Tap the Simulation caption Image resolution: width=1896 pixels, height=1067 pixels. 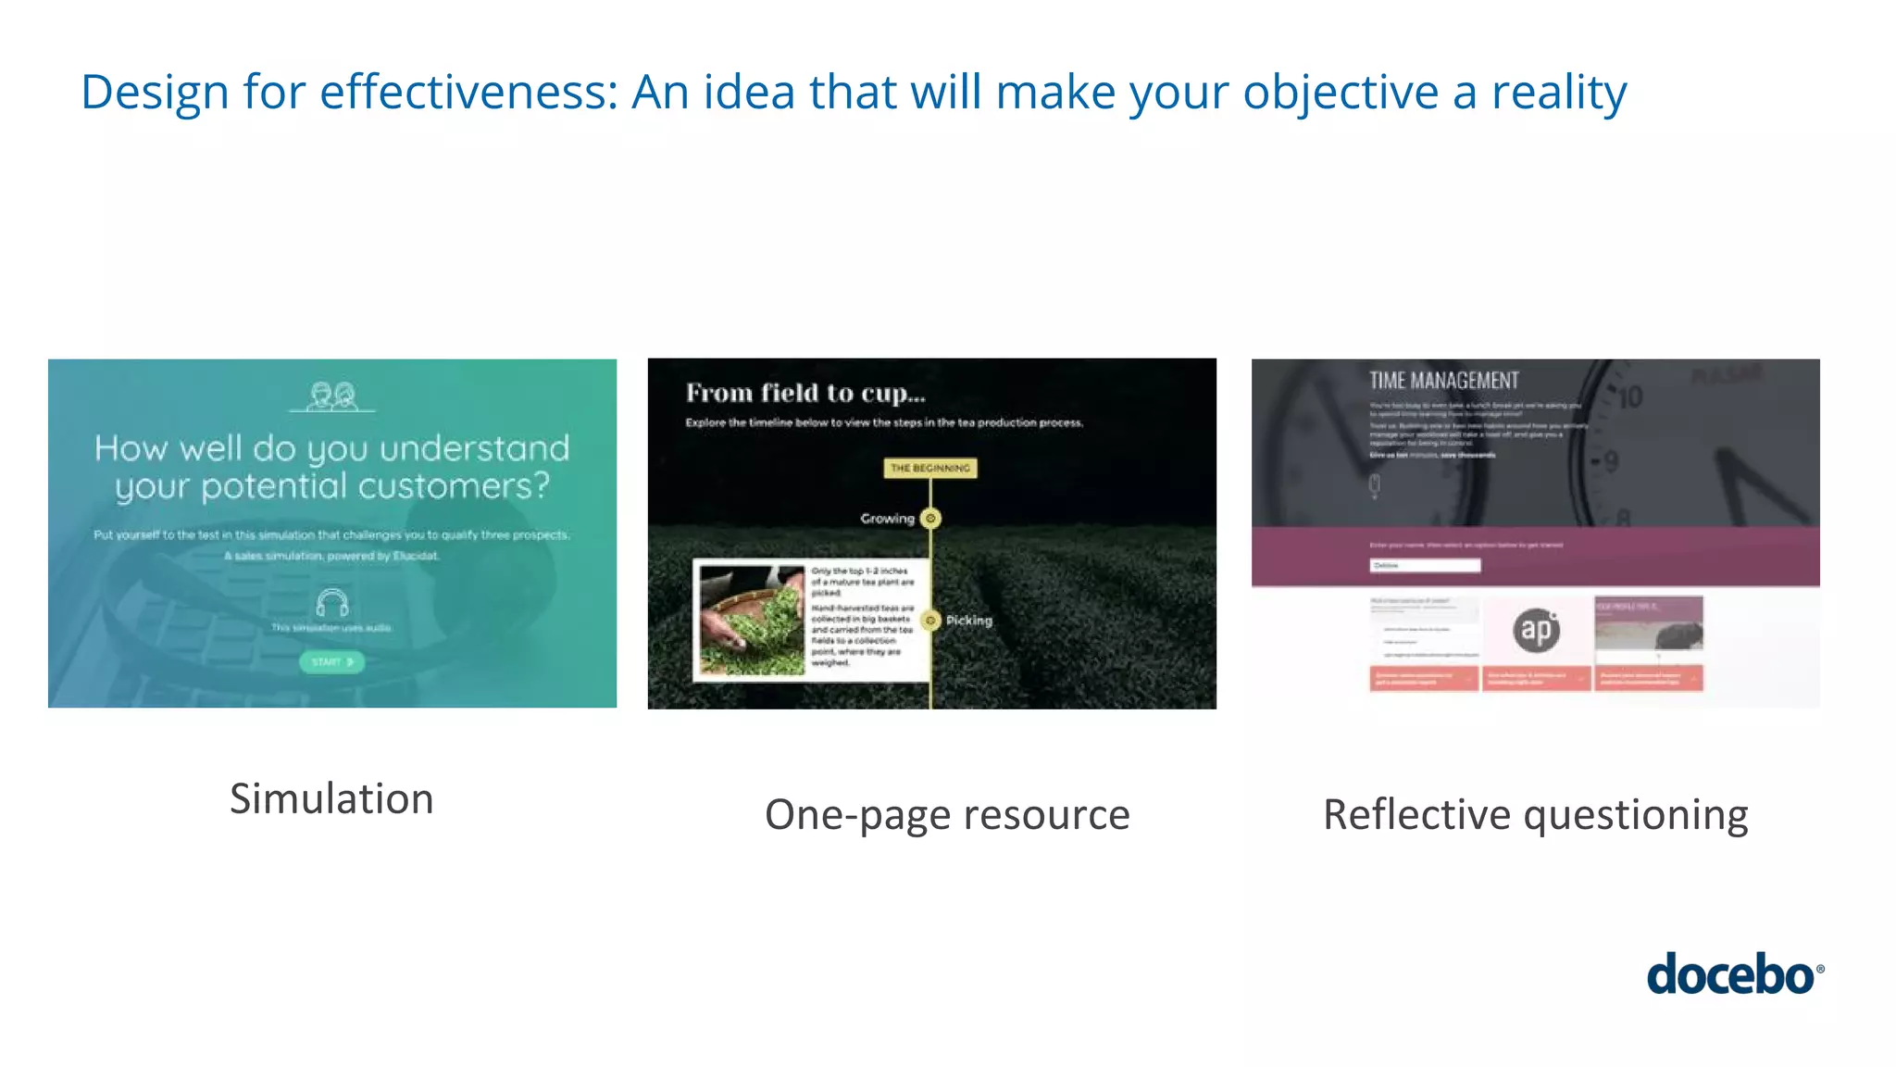(331, 799)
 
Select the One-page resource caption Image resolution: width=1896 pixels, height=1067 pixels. (947, 815)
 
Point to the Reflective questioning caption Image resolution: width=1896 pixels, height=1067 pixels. (1535, 815)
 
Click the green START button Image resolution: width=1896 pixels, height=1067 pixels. (331, 662)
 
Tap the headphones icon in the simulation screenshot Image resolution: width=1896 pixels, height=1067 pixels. (331, 603)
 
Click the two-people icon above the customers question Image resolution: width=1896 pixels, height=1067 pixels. (332, 396)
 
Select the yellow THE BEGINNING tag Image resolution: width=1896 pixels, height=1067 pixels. (929, 469)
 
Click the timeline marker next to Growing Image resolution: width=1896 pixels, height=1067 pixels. (931, 519)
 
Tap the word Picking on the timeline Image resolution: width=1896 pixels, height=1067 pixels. (969, 621)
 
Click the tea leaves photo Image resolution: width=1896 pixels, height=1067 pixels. (752, 620)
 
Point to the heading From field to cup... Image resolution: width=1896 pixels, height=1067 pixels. (805, 394)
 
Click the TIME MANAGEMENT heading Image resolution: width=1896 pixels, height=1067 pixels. (1443, 381)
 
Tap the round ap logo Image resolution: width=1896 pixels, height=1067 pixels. (1537, 630)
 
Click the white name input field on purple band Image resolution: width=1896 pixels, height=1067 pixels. (1425, 565)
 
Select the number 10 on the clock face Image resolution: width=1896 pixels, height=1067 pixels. (1629, 397)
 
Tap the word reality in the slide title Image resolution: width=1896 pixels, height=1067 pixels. (1558, 93)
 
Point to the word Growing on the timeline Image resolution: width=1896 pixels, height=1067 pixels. (887, 519)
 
